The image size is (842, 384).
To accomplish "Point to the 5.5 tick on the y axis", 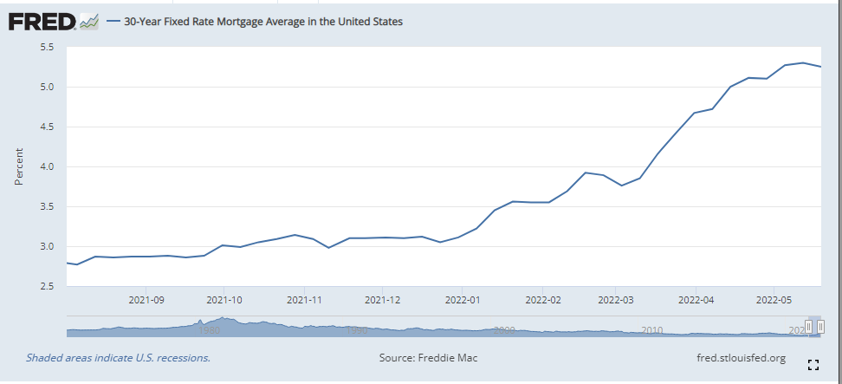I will (x=48, y=47).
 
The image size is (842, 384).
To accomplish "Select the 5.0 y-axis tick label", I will (x=48, y=87).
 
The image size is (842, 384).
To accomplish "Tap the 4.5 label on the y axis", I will (x=48, y=127).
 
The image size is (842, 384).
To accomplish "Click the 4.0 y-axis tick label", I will (x=48, y=166).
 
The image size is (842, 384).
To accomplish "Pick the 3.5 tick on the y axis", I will (x=48, y=206).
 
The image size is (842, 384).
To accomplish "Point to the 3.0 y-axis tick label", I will (x=48, y=246).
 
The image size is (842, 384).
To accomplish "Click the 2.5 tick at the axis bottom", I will (x=48, y=286).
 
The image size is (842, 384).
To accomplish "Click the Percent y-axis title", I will (x=18, y=166).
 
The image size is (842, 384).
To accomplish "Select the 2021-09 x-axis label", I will (x=146, y=300).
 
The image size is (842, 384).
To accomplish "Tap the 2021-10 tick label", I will (x=223, y=300).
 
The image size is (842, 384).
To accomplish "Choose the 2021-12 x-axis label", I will (x=382, y=300).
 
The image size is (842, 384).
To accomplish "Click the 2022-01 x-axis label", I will (x=462, y=300).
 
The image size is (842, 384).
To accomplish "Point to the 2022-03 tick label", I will (x=616, y=300).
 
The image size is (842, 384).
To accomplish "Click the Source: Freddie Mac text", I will (x=428, y=357).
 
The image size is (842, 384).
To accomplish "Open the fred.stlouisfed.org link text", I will (x=741, y=357).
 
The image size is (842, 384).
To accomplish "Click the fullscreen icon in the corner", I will (x=813, y=364).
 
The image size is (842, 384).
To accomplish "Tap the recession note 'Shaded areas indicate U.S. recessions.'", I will (x=118, y=357).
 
